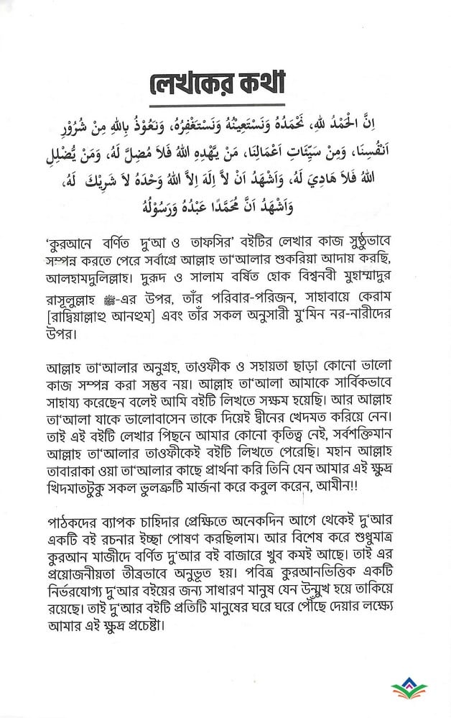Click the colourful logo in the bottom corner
click(410, 691)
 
